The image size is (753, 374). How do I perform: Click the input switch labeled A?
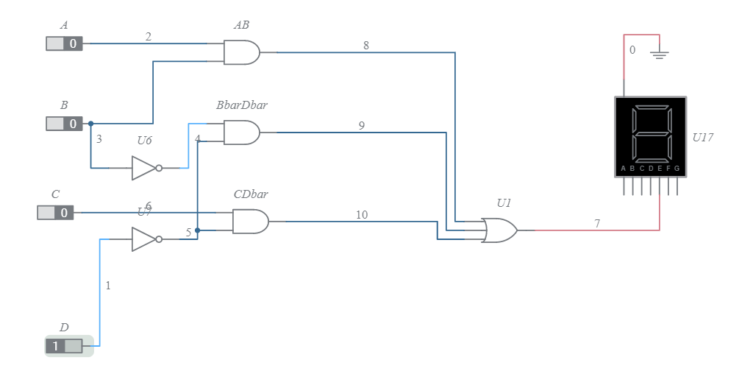pyautogui.click(x=64, y=43)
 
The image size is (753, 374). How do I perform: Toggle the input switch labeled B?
pyautogui.click(x=64, y=124)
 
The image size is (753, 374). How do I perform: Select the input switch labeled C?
pyautogui.click(x=55, y=213)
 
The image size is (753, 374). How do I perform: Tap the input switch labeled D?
pyautogui.click(x=64, y=346)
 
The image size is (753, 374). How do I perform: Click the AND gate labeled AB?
pyautogui.click(x=241, y=52)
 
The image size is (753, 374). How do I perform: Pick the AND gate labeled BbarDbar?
pyautogui.click(x=241, y=133)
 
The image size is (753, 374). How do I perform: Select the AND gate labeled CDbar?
pyautogui.click(x=250, y=221)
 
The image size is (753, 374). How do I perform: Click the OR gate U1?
pyautogui.click(x=499, y=230)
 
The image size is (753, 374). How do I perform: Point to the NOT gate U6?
pyautogui.click(x=145, y=168)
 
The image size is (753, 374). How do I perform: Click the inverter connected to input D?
pyautogui.click(x=145, y=239)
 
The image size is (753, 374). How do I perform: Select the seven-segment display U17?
pyautogui.click(x=650, y=137)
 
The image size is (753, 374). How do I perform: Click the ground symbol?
pyautogui.click(x=660, y=54)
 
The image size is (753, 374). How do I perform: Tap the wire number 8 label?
pyautogui.click(x=366, y=46)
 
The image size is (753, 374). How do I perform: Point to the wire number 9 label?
pyautogui.click(x=362, y=126)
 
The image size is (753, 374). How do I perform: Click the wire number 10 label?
pyautogui.click(x=362, y=215)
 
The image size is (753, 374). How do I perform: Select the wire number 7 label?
pyautogui.click(x=597, y=223)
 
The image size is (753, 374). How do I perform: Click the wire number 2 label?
pyautogui.click(x=149, y=36)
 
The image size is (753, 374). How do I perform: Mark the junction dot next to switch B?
pyautogui.click(x=90, y=124)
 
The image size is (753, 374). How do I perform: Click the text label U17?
pyautogui.click(x=702, y=137)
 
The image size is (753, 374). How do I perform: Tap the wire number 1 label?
pyautogui.click(x=108, y=286)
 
